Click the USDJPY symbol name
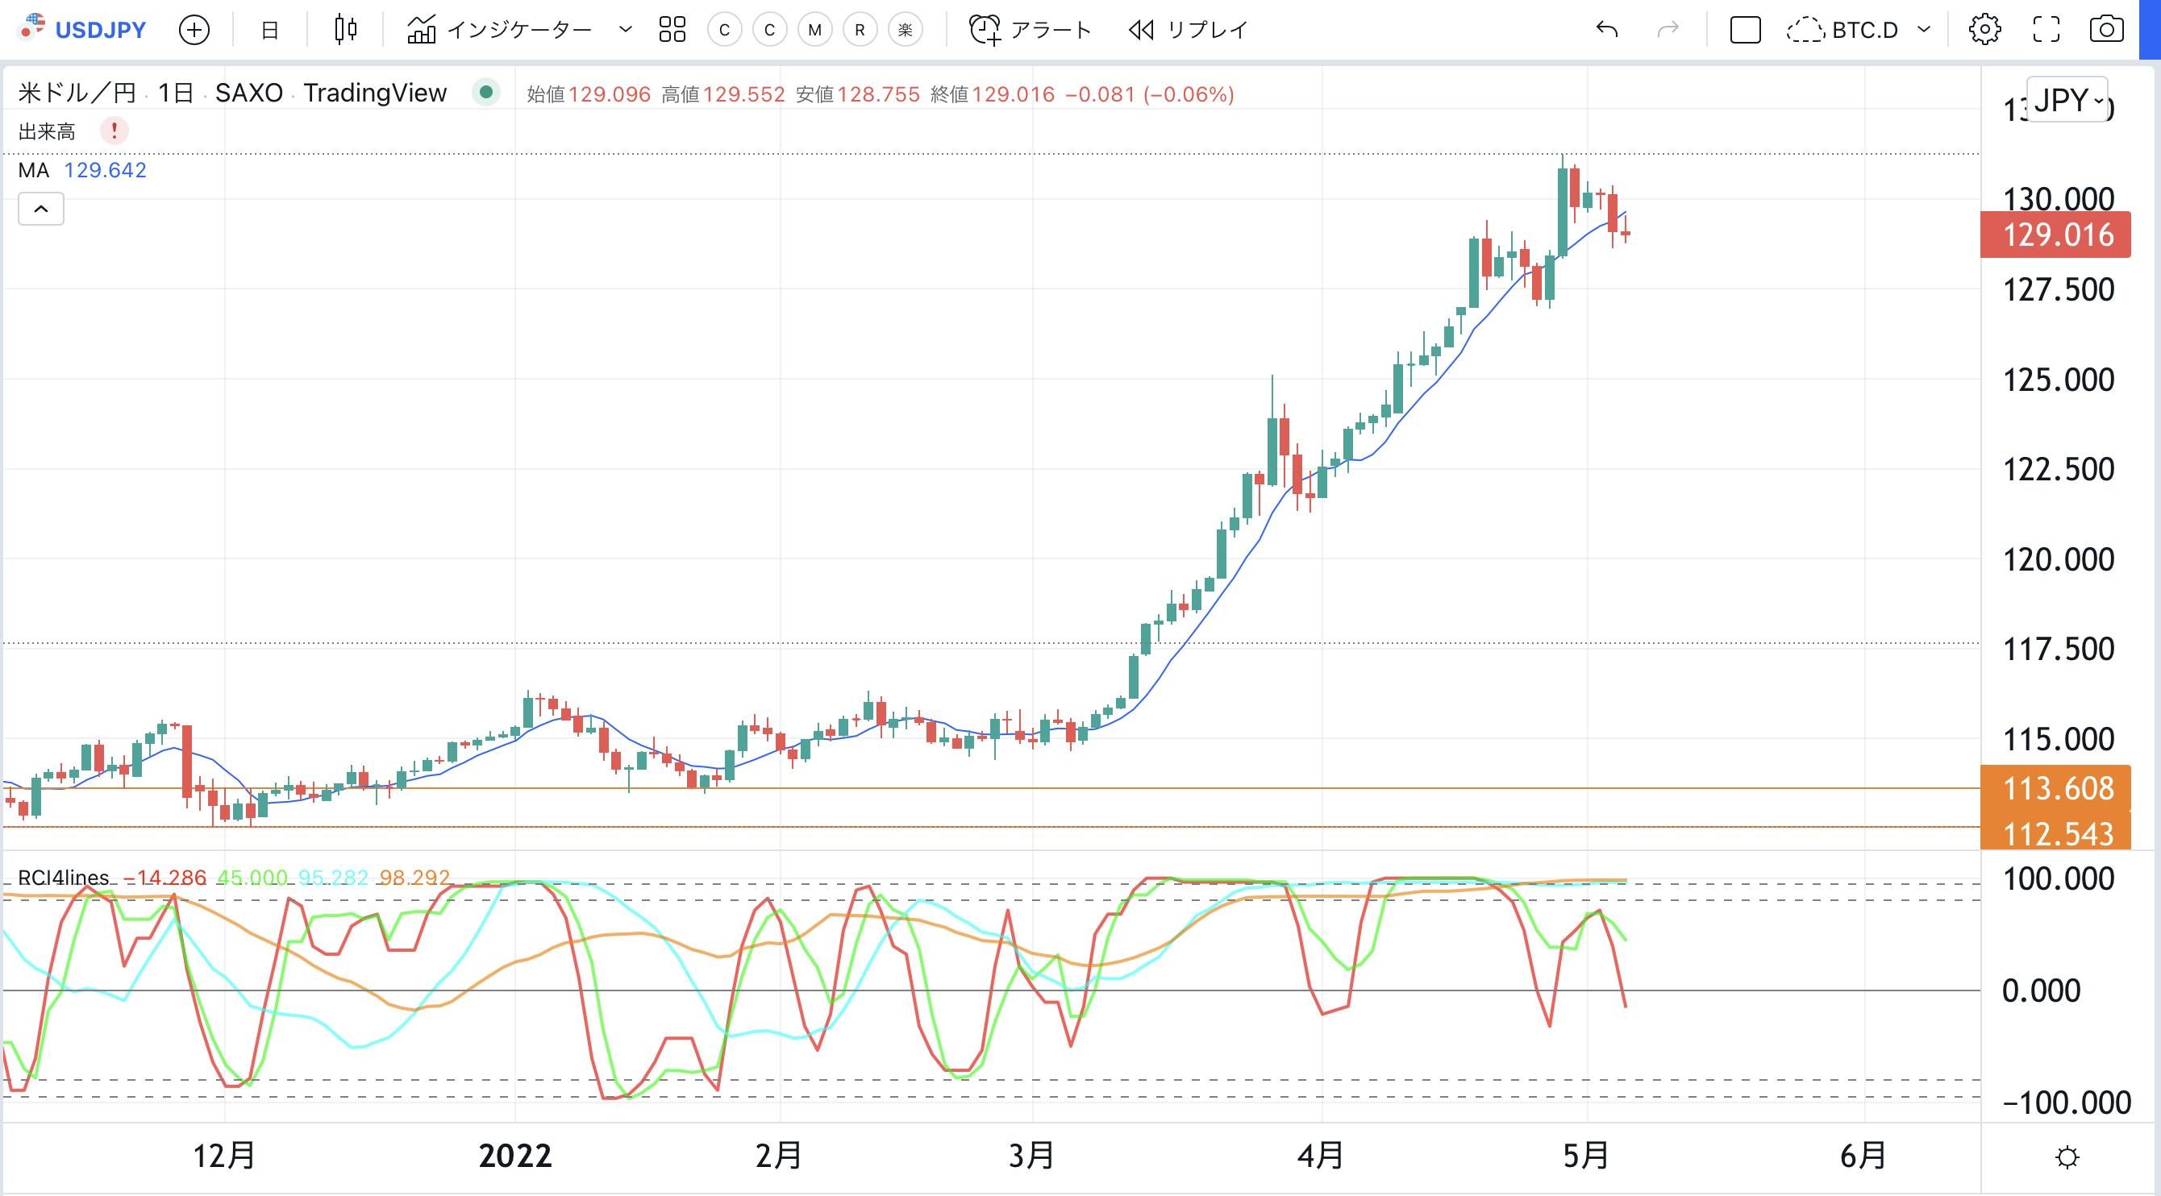coord(100,30)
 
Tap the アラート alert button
coord(1031,30)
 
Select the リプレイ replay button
coord(1188,30)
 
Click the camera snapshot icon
coord(2105,30)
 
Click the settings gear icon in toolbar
coord(1984,30)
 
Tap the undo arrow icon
coord(1606,30)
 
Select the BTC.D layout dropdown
coord(1858,30)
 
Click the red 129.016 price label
coord(2057,235)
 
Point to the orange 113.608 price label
coord(2057,788)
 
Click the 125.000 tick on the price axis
coord(2058,380)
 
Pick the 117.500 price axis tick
coord(2058,649)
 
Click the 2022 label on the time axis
coord(515,1157)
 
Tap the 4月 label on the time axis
coord(1321,1157)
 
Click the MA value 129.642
coord(105,170)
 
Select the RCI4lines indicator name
coord(64,878)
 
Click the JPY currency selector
coord(2066,101)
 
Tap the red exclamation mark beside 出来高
coord(114,131)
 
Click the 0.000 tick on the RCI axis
coord(2040,990)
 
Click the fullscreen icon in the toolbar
coord(2046,30)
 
